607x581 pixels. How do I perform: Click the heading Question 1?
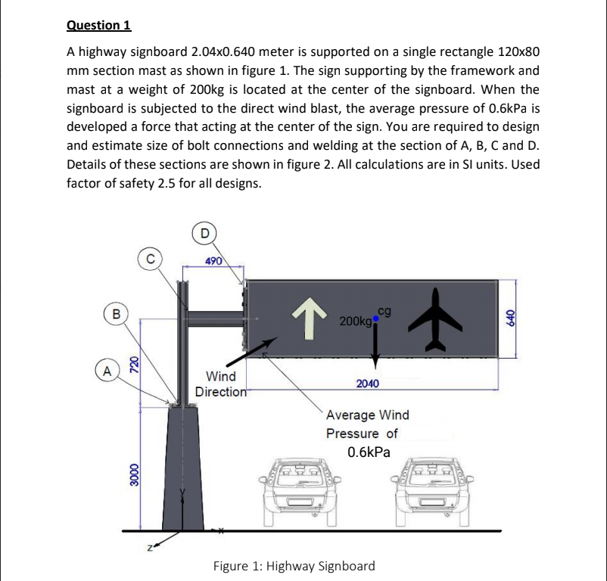[x=99, y=26]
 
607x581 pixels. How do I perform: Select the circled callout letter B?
[x=116, y=312]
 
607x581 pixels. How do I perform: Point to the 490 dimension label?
[x=213, y=261]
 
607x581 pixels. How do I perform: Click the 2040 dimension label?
[x=368, y=384]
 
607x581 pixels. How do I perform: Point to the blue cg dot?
[x=375, y=320]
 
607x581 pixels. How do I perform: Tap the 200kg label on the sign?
[x=355, y=322]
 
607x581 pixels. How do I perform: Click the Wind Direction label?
[x=221, y=384]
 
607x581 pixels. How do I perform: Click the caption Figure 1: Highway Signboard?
[x=294, y=566]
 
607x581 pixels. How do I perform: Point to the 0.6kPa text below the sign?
[x=369, y=452]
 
